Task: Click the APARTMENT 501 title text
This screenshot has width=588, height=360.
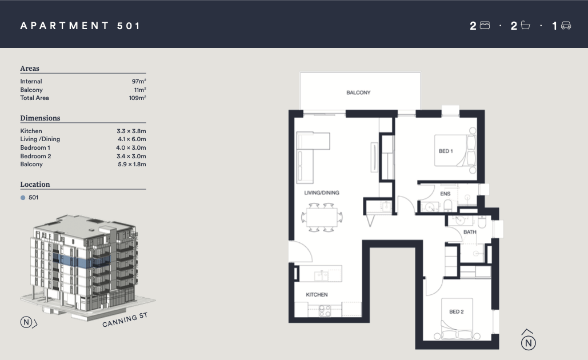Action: pyautogui.click(x=80, y=26)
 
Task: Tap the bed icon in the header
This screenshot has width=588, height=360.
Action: pyautogui.click(x=485, y=26)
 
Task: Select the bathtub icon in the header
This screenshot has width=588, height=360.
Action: pyautogui.click(x=525, y=26)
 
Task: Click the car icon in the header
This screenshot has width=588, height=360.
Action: pyautogui.click(x=566, y=26)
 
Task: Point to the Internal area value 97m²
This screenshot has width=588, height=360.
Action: pyautogui.click(x=139, y=81)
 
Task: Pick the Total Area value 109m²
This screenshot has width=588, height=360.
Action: pyautogui.click(x=137, y=98)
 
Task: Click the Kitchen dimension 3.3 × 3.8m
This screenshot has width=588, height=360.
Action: pyautogui.click(x=131, y=131)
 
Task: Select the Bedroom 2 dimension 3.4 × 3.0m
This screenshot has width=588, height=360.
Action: pyautogui.click(x=131, y=156)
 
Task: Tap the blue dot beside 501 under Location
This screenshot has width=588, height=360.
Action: pyautogui.click(x=23, y=198)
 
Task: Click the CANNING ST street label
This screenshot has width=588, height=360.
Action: pyautogui.click(x=125, y=319)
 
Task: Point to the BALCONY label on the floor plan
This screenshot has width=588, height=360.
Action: pyautogui.click(x=358, y=93)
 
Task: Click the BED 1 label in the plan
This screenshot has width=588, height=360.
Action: pyautogui.click(x=446, y=151)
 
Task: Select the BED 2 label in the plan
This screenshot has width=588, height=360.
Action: pyautogui.click(x=457, y=311)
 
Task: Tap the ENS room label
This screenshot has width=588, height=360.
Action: pyautogui.click(x=445, y=194)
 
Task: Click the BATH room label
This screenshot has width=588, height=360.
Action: pyautogui.click(x=470, y=232)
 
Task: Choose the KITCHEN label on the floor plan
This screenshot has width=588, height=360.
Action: pyautogui.click(x=317, y=295)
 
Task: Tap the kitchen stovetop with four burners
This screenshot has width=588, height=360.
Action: pyautogui.click(x=325, y=310)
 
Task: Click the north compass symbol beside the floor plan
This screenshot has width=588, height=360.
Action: pyautogui.click(x=528, y=340)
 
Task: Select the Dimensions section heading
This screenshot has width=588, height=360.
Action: pyautogui.click(x=40, y=118)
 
